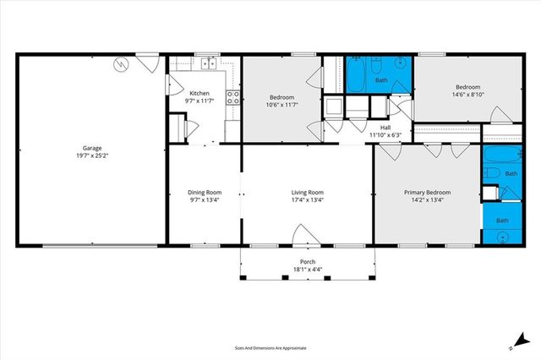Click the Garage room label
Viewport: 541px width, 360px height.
pos(91,148)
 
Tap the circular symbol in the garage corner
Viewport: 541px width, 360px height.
pos(121,63)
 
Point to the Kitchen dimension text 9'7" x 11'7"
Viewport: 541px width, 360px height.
pos(199,101)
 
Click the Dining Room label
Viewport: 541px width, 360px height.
pos(204,192)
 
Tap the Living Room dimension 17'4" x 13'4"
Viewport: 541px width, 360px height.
pos(308,200)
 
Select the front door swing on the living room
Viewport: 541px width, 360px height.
pos(303,236)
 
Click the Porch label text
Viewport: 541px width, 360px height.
pos(308,262)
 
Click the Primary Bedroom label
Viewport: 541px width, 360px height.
pos(426,192)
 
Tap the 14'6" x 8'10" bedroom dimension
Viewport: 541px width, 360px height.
pos(467,95)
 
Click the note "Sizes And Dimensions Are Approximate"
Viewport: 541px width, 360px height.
pos(270,347)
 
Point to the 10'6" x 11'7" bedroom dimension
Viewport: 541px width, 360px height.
pos(281,104)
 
